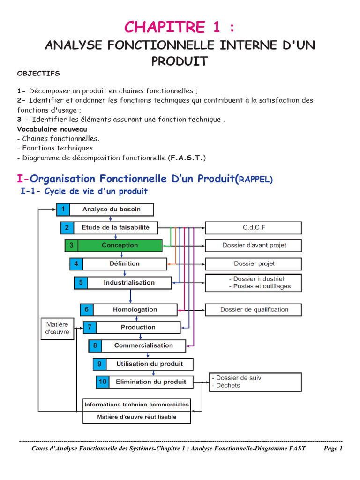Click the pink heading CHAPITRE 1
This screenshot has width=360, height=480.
click(180, 27)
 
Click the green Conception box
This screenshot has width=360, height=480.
click(120, 245)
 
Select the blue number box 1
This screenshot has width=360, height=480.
click(63, 209)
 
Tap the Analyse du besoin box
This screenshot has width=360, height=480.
click(112, 209)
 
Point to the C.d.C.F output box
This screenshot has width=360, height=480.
click(253, 228)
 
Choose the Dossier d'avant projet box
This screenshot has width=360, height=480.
click(253, 245)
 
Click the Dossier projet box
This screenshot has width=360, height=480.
click(253, 264)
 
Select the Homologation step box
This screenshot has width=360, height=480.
click(135, 310)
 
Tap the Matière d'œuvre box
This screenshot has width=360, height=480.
click(57, 328)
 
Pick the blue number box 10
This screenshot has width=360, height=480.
click(102, 382)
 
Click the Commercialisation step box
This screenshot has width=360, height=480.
click(143, 345)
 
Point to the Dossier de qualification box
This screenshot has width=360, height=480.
click(253, 310)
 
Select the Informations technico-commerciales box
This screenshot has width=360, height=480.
click(137, 405)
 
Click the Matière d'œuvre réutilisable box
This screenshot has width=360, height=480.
click(137, 417)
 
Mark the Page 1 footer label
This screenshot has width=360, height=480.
click(333, 449)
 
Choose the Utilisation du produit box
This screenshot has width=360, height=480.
click(149, 364)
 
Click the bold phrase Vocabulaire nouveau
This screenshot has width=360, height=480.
click(52, 129)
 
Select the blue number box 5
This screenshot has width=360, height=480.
click(81, 283)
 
